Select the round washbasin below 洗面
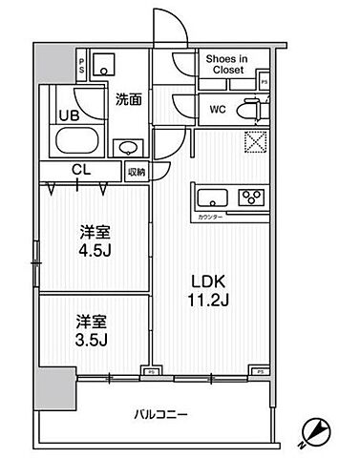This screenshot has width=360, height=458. pos(126,148)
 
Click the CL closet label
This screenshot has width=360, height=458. pos(79,172)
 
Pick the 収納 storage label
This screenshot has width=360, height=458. pos(136,173)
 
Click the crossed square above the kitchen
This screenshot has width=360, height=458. pos(256,141)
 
